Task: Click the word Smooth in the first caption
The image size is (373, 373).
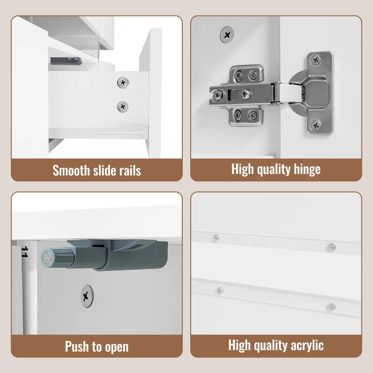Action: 71,171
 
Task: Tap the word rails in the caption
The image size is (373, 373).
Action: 130,171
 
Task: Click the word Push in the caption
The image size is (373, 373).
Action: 77,346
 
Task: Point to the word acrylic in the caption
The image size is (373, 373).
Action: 307,345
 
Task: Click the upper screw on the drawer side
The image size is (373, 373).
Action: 123,83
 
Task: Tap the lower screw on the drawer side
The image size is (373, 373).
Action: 123,107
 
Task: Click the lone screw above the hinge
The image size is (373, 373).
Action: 227,35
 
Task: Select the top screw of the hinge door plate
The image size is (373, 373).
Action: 316,60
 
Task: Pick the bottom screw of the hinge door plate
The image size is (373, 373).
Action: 316,125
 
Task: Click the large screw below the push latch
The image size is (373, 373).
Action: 87,296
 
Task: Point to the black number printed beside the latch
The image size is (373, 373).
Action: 25,252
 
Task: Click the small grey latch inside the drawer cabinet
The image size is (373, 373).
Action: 66,62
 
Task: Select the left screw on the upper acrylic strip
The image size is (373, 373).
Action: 216,238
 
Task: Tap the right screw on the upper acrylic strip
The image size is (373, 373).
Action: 332,248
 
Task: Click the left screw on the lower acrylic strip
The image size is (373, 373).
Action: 219,290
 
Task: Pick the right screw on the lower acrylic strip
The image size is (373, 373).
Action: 332,307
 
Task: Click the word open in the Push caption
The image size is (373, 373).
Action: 117,347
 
